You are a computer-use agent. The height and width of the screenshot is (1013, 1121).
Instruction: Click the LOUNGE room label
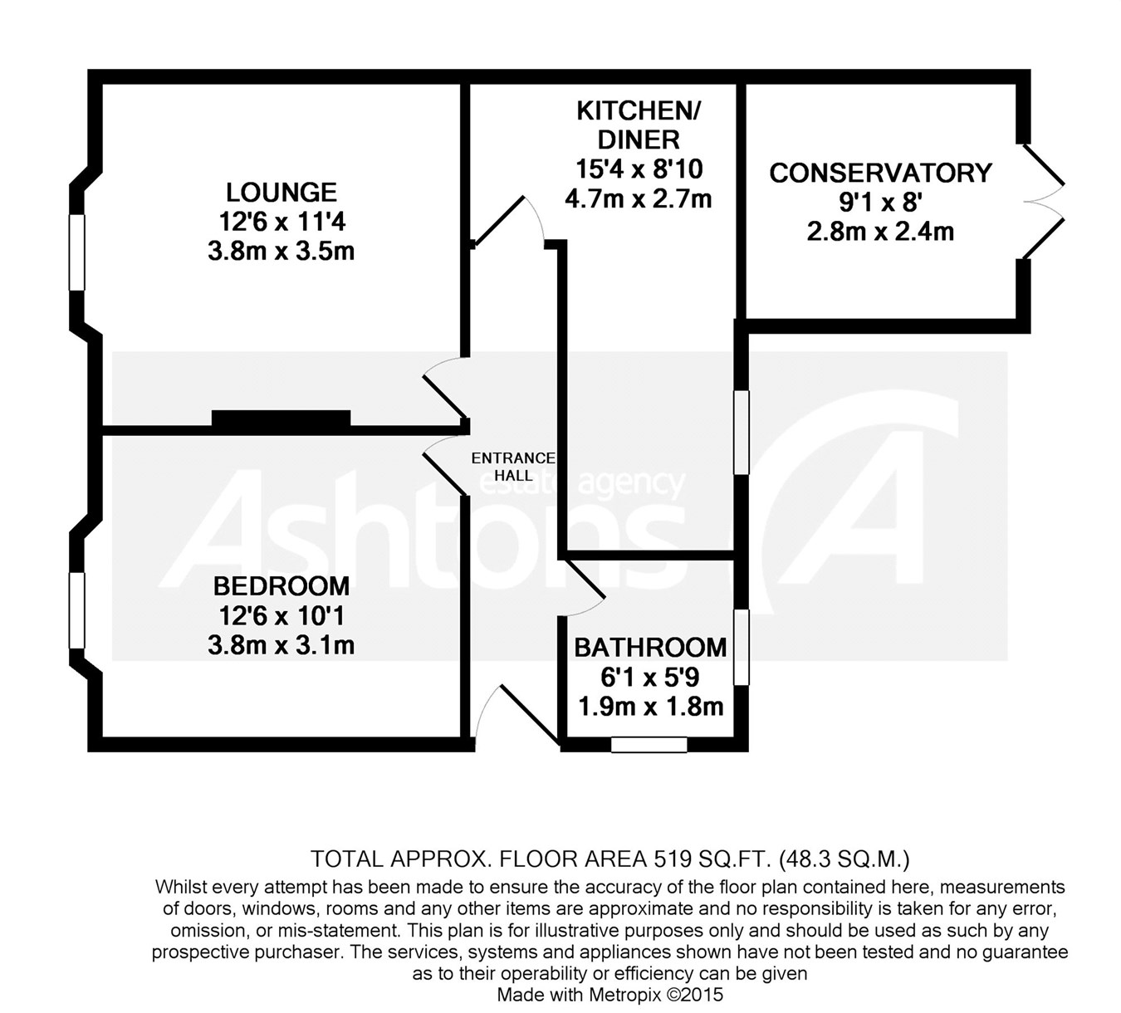(x=281, y=193)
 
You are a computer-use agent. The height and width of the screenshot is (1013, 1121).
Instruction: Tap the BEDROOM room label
(x=281, y=586)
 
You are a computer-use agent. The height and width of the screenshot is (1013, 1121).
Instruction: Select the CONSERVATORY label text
(x=880, y=173)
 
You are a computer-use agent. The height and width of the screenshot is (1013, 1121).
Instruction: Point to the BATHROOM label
(x=650, y=648)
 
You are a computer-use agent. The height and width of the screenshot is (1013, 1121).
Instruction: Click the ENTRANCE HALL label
(x=513, y=467)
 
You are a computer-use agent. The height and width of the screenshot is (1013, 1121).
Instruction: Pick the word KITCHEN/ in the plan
(x=639, y=111)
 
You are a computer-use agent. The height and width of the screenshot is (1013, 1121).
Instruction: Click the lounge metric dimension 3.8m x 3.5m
(x=281, y=252)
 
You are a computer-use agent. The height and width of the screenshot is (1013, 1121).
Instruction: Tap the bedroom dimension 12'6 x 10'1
(x=281, y=616)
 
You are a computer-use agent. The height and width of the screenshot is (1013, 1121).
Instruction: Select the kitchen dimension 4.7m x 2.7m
(x=639, y=199)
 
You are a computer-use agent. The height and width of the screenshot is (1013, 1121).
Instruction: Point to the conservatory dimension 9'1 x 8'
(x=880, y=203)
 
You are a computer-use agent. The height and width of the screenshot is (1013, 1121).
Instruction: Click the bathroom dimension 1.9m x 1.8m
(x=650, y=707)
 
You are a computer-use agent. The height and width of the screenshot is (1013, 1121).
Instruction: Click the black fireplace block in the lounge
(x=281, y=418)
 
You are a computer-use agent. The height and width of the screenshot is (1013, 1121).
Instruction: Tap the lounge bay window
(x=77, y=252)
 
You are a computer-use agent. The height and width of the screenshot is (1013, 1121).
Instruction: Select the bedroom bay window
(x=77, y=610)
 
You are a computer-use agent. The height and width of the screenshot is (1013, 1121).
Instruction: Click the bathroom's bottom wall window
(x=649, y=745)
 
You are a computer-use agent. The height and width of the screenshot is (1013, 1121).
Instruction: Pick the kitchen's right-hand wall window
(x=741, y=432)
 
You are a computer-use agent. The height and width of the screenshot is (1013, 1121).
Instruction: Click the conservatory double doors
(x=1044, y=202)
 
